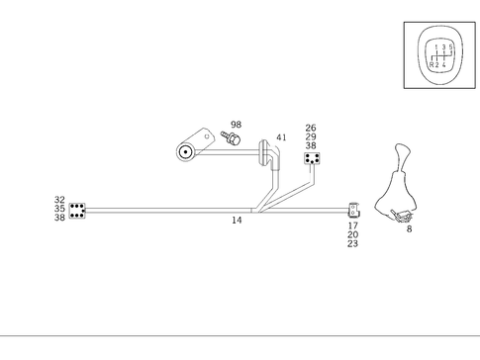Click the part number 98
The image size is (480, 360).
(x=236, y=125)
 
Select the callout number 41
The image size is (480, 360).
(x=282, y=137)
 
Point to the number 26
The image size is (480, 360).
(x=311, y=128)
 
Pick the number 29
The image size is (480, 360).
(x=311, y=136)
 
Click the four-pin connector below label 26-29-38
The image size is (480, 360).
(x=312, y=158)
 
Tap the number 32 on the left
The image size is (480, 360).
(x=59, y=200)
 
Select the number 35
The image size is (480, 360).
(x=59, y=209)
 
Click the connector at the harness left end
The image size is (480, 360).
(x=77, y=210)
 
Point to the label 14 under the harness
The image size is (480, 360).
(x=237, y=221)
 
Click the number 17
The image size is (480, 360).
(x=352, y=225)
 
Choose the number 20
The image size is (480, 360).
(x=352, y=234)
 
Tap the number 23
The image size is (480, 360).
(x=352, y=243)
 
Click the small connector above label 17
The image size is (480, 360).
(x=352, y=210)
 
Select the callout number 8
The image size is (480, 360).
(x=409, y=229)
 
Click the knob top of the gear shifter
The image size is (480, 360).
(x=402, y=152)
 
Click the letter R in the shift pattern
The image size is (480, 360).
(x=432, y=64)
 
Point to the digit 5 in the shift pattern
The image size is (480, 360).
(x=451, y=46)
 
